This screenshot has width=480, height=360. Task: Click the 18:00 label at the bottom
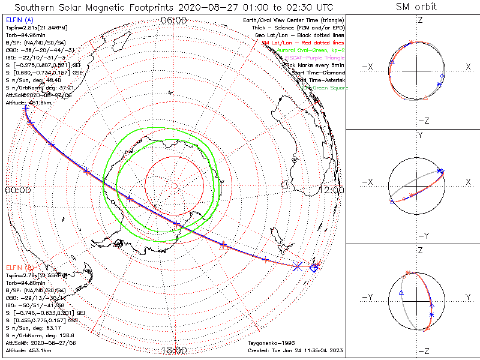click(174, 350)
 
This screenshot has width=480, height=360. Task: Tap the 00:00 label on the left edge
click(17, 190)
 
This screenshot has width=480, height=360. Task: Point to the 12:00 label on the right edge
click(332, 190)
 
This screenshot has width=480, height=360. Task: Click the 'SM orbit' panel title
click(416, 7)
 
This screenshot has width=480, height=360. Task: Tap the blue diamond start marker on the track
click(313, 268)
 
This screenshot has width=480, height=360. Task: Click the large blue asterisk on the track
click(298, 266)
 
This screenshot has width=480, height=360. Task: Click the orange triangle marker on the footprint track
click(224, 245)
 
